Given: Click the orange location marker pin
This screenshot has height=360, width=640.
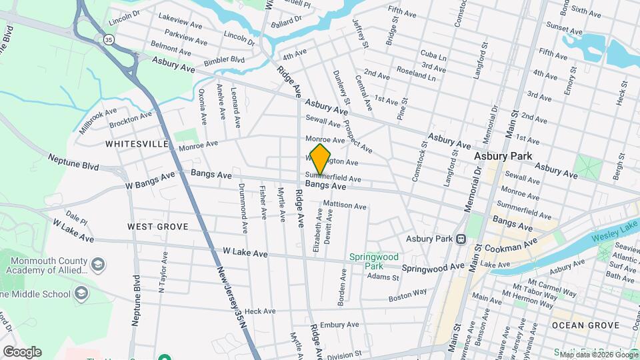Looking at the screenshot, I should [x=321, y=159].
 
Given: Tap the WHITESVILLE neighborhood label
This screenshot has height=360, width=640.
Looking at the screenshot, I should [x=137, y=143].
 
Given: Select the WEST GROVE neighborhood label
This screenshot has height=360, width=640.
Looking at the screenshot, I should [x=158, y=227].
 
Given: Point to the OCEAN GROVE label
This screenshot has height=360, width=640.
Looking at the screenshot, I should [x=577, y=325].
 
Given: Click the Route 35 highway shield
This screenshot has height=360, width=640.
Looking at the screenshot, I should [x=107, y=40].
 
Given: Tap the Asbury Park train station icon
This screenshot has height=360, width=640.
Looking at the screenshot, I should [x=461, y=239].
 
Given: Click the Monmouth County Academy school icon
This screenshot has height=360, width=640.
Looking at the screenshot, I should [x=97, y=265].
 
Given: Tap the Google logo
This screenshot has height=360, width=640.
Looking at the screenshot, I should [x=22, y=352].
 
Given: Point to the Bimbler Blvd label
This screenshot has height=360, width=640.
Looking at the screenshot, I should [x=225, y=60].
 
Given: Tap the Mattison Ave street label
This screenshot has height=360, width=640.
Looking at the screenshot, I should [x=345, y=206].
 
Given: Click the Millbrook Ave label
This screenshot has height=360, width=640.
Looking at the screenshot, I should [x=98, y=121].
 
